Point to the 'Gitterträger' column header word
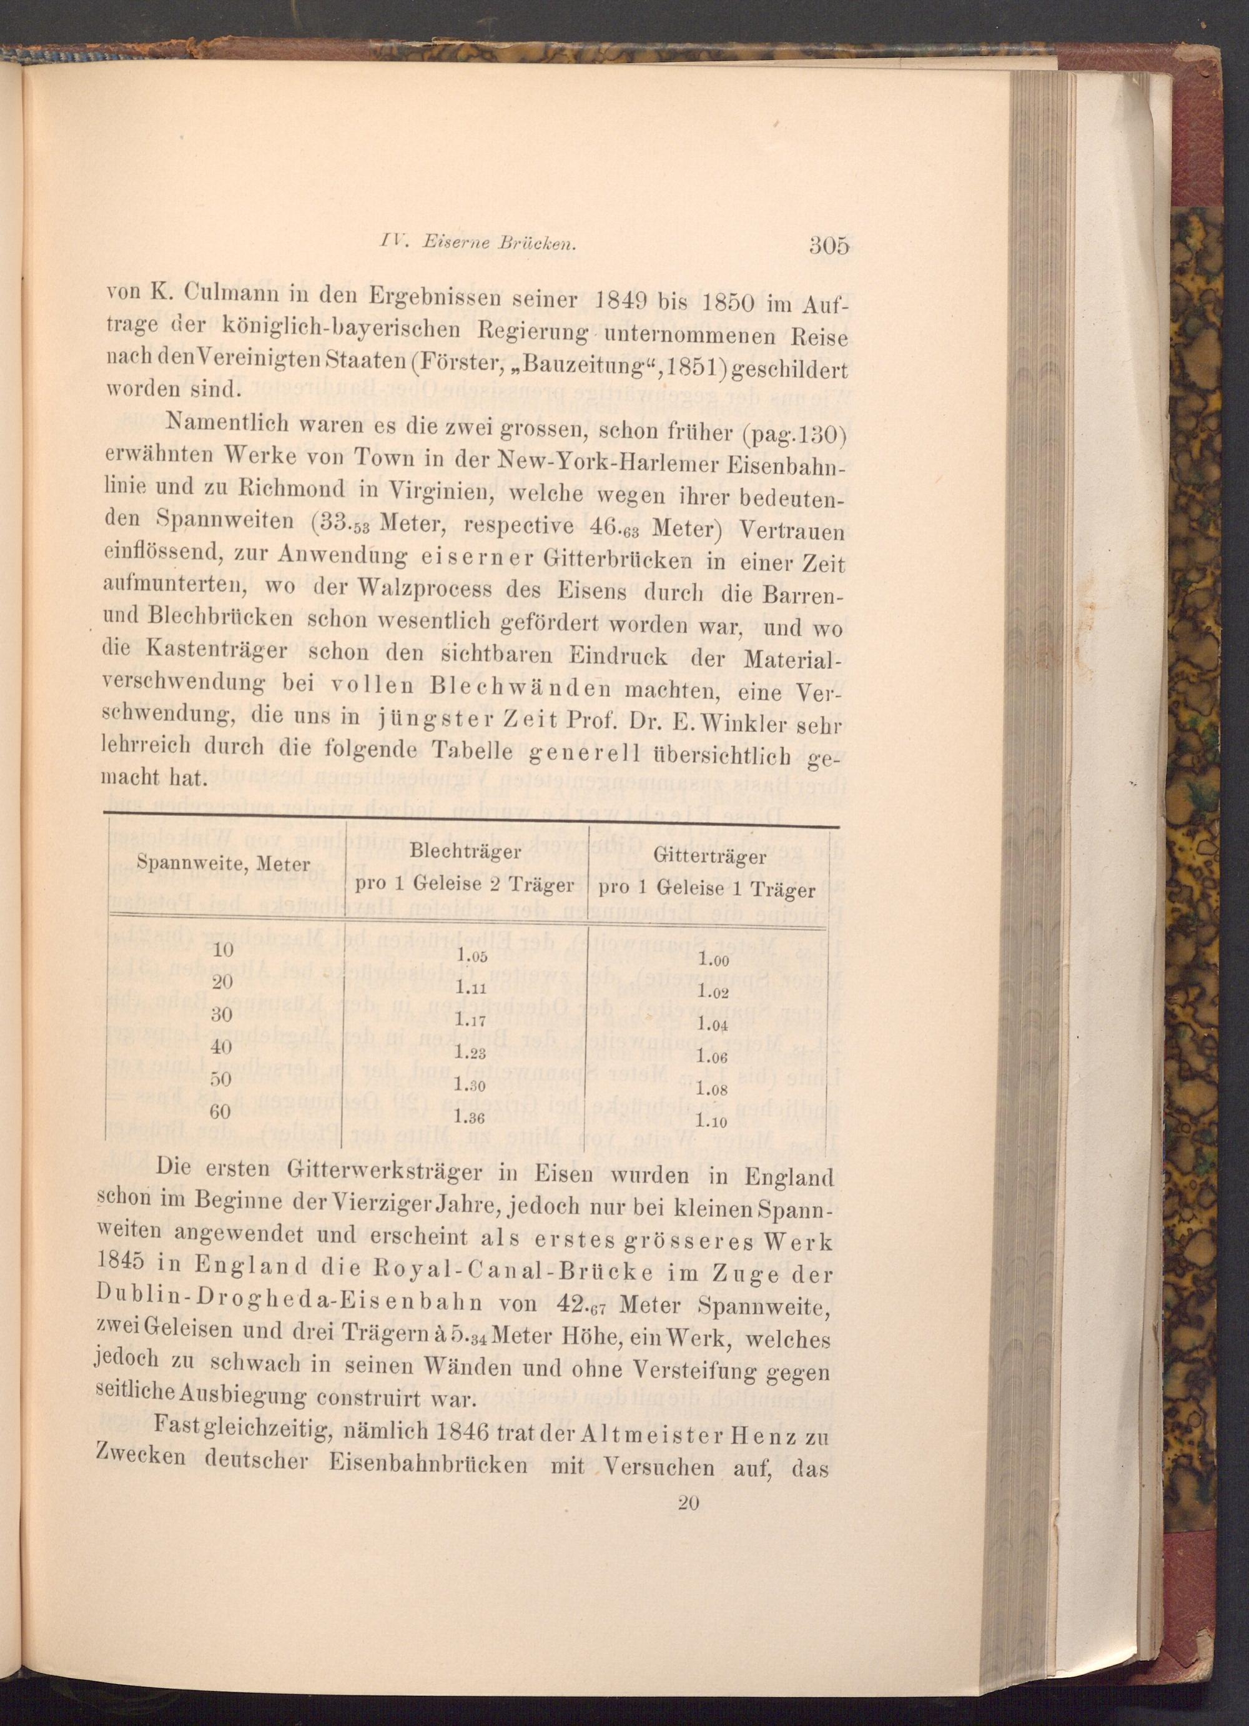click(709, 857)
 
